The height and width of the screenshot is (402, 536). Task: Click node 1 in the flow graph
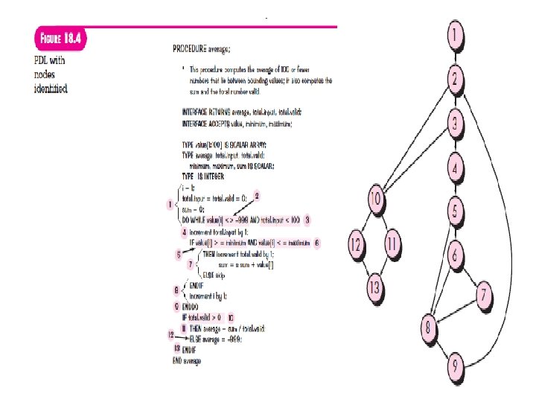(x=456, y=33)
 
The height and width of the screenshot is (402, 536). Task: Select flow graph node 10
(x=377, y=200)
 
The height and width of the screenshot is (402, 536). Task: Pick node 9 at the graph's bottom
(x=456, y=366)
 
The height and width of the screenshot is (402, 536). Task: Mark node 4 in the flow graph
(x=456, y=169)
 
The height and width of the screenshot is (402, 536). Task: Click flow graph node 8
(x=427, y=326)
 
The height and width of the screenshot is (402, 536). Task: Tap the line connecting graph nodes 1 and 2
(x=456, y=54)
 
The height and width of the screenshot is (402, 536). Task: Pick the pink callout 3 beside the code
(x=307, y=220)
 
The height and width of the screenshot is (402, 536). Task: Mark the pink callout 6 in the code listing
(x=316, y=243)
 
